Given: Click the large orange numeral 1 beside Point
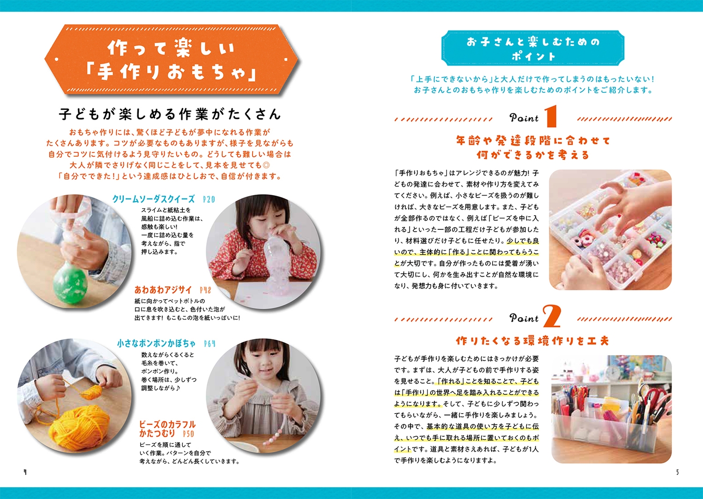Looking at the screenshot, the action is point(551,116).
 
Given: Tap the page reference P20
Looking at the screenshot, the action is point(209,199).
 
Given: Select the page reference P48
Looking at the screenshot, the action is point(205,290).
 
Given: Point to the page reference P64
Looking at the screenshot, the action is point(209,344).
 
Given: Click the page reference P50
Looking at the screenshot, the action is point(188,434).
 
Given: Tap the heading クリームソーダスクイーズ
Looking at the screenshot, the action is point(153,199).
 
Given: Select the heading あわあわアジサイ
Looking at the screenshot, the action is point(163,289).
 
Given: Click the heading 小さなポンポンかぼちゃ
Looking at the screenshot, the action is point(156,344).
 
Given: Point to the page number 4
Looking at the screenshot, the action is point(25,472).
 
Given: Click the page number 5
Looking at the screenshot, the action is point(677,472).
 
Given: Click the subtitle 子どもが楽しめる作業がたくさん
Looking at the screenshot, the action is point(170,114).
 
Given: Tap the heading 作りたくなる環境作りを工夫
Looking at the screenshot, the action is point(532,341).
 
